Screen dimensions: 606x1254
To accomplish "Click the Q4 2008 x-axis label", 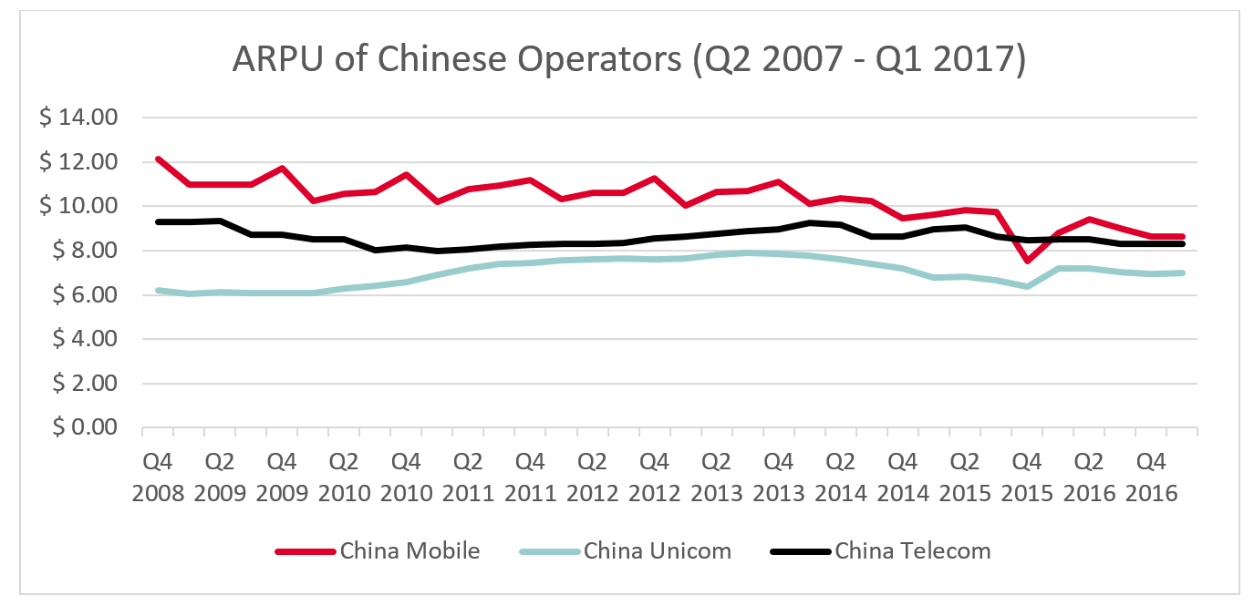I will [158, 477].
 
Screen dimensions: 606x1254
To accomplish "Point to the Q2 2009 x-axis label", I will [220, 477].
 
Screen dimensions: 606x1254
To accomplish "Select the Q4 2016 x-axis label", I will [1151, 477].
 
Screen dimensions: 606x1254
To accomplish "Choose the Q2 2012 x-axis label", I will [592, 477].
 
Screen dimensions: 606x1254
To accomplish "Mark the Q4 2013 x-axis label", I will [778, 477].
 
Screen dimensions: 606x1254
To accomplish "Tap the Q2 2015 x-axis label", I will [965, 477].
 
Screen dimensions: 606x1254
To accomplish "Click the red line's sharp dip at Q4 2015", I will [1028, 261].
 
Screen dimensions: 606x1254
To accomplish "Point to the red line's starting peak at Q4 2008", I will [158, 159].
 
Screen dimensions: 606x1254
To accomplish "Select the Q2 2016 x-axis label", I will [1089, 477].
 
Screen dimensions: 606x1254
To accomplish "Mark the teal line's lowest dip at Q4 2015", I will [1028, 286].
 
